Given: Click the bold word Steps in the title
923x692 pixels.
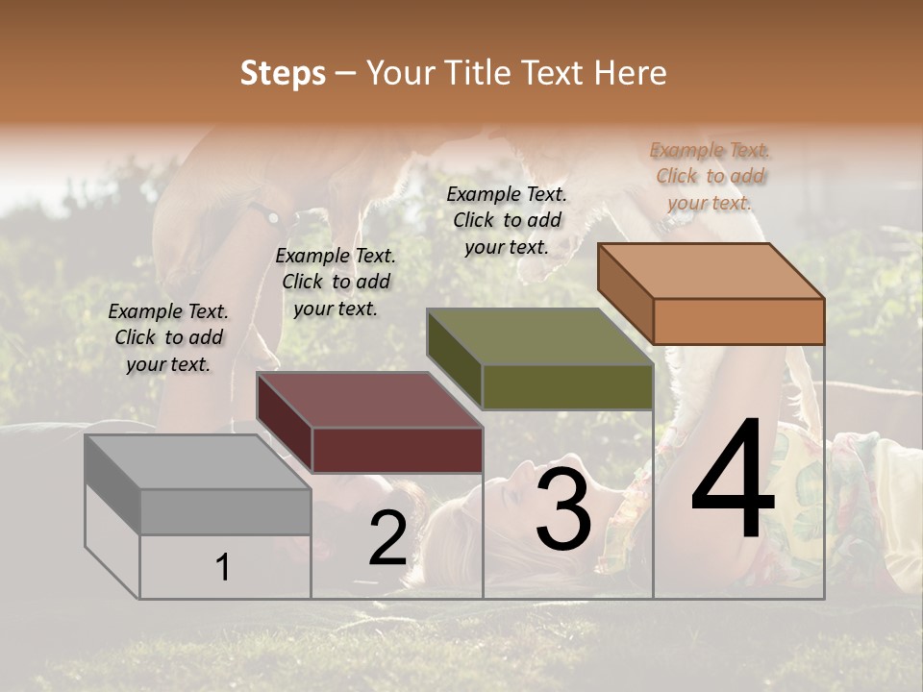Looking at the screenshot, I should pyautogui.click(x=283, y=73).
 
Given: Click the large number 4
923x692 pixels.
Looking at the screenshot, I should pyautogui.click(x=734, y=480).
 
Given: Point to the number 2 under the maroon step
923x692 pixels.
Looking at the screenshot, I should pyautogui.click(x=387, y=538).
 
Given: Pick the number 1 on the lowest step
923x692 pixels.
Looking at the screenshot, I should pyautogui.click(x=223, y=568).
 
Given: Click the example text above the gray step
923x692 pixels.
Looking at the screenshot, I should pyautogui.click(x=168, y=337).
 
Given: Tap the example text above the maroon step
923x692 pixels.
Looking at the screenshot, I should pyautogui.click(x=336, y=282).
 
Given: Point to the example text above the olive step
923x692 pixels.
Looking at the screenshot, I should pyautogui.click(x=507, y=220).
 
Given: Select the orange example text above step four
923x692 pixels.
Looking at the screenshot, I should pyautogui.click(x=711, y=176).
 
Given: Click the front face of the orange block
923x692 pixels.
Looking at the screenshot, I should pyautogui.click(x=738, y=321).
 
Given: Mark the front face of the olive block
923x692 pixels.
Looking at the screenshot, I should pyautogui.click(x=567, y=386).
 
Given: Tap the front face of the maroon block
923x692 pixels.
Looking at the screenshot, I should pyautogui.click(x=397, y=450).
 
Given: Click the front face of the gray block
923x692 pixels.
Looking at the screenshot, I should pyautogui.click(x=225, y=511).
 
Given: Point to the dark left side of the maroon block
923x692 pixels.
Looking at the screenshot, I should pyautogui.click(x=285, y=422).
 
